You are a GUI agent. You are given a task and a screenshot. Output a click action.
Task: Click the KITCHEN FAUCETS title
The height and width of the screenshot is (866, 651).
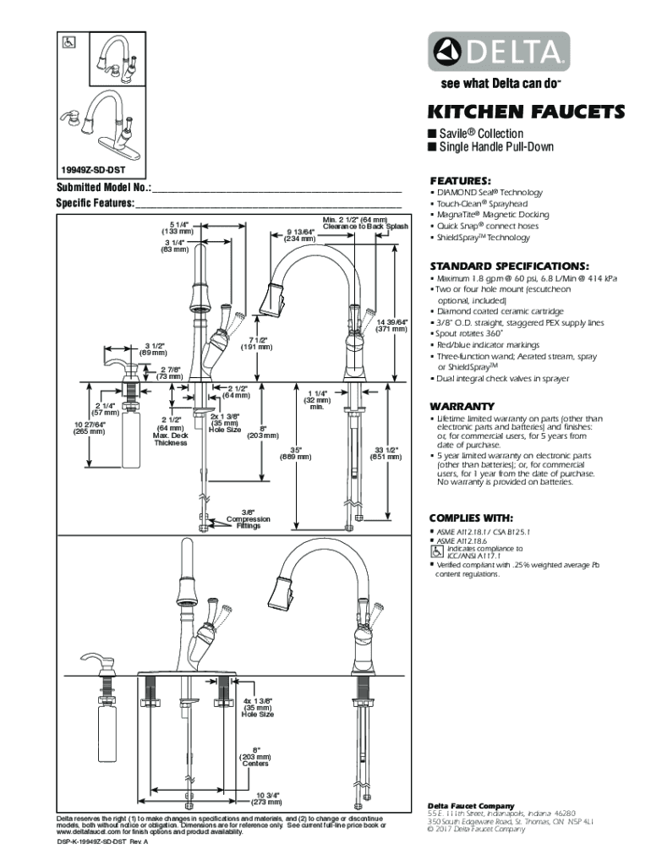pos(527,112)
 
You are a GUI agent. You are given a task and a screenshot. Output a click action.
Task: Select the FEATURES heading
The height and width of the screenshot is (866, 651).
pos(460,181)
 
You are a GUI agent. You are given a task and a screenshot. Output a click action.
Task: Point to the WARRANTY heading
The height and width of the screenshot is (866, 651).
pos(462,405)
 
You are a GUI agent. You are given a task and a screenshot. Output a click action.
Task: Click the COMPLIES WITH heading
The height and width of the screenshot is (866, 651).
pos(472,518)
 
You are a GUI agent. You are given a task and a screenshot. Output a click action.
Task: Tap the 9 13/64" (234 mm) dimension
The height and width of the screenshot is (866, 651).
pos(300,235)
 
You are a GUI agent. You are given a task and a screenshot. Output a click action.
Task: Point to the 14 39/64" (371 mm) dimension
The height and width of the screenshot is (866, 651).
pos(393,326)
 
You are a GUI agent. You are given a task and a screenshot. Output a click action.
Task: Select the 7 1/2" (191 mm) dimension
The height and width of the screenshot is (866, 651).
pos(256,343)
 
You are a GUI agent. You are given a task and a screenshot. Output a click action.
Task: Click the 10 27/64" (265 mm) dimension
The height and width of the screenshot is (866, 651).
pos(89,427)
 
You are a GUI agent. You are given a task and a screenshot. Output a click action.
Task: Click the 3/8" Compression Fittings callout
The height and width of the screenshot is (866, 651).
pos(249,518)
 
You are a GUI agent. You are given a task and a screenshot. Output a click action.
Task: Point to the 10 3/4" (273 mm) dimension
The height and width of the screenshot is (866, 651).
pos(267,799)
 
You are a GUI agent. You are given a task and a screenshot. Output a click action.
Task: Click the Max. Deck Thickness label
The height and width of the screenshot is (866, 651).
pos(171,436)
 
